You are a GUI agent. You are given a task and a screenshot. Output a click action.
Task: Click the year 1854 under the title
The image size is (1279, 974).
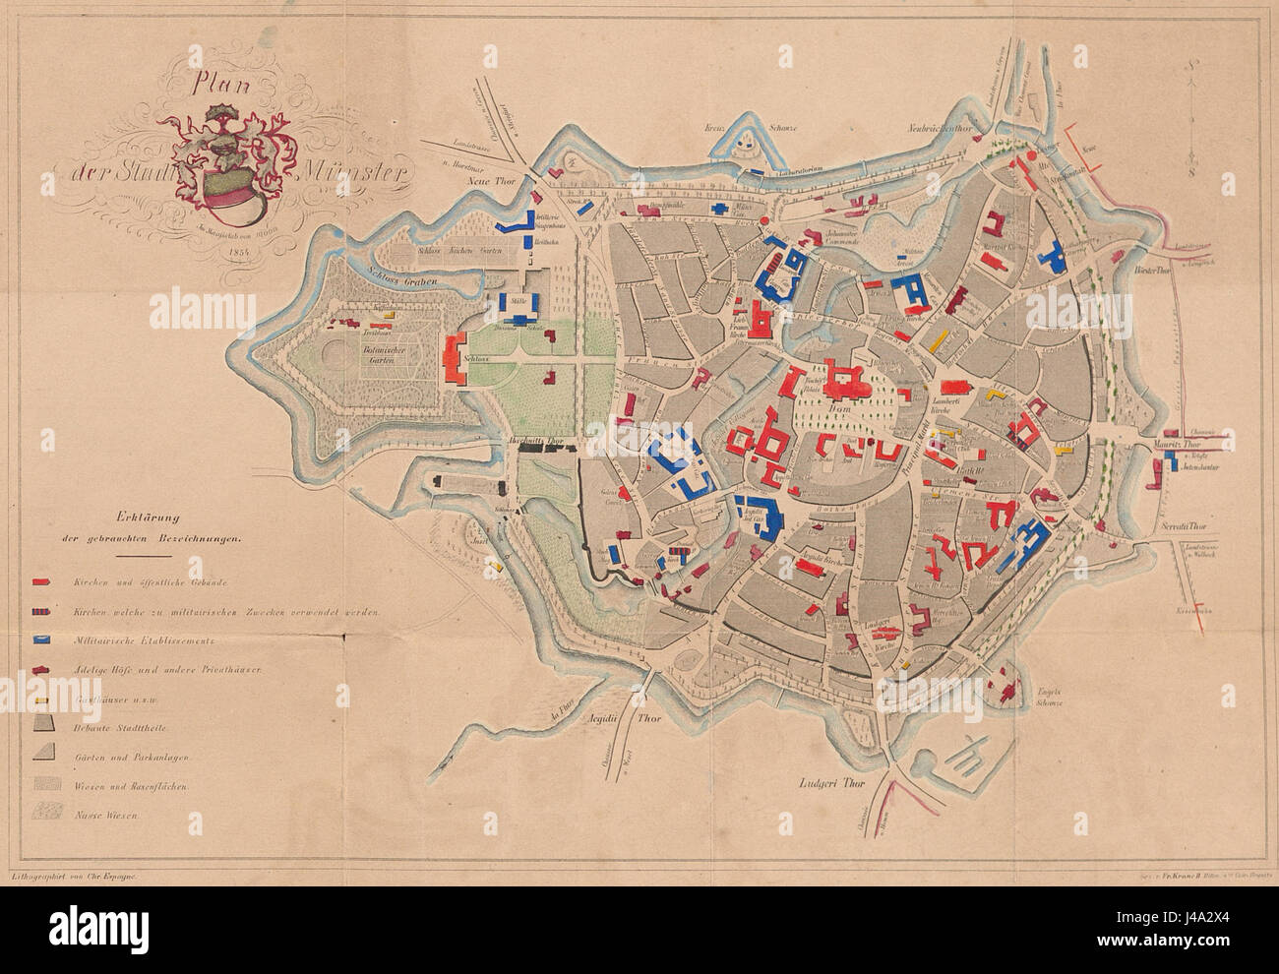click(233, 252)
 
